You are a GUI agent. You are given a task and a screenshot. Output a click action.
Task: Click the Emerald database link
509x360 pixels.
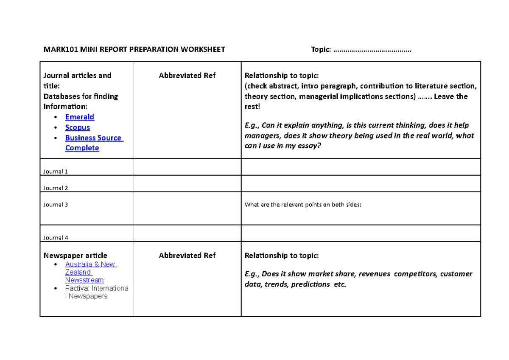pyautogui.click(x=80, y=117)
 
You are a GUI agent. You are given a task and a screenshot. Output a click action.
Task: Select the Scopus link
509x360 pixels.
pyautogui.click(x=78, y=127)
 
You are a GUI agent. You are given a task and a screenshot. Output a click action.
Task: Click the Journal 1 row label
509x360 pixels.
pyautogui.click(x=56, y=172)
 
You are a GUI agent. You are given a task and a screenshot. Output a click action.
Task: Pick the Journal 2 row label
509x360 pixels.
pyautogui.click(x=56, y=188)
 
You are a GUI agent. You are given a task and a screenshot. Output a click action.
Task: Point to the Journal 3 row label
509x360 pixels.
pyautogui.click(x=56, y=205)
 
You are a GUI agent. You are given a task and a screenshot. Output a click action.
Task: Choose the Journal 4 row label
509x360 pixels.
pyautogui.click(x=56, y=238)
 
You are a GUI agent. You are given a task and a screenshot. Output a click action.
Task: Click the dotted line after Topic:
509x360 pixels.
pyautogui.click(x=372, y=50)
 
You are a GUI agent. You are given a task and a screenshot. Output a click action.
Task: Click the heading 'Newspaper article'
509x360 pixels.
pyautogui.click(x=76, y=256)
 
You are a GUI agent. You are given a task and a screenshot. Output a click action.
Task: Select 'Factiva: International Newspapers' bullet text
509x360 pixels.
pyautogui.click(x=97, y=292)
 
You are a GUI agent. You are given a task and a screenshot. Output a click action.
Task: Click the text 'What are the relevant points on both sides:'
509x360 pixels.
pyautogui.click(x=303, y=205)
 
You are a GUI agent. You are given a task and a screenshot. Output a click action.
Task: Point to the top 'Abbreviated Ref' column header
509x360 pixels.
pyautogui.click(x=187, y=76)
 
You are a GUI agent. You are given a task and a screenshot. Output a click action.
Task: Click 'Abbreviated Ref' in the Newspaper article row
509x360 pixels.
pyautogui.click(x=187, y=256)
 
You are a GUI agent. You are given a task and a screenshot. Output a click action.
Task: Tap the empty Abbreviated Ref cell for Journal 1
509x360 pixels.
pyautogui.click(x=187, y=167)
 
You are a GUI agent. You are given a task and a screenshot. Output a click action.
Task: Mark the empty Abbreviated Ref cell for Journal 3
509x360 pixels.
pyautogui.click(x=187, y=208)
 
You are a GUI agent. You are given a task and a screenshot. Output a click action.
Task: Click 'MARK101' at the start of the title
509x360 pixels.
pyautogui.click(x=58, y=50)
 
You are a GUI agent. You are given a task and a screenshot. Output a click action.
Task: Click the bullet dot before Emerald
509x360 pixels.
pyautogui.click(x=56, y=117)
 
